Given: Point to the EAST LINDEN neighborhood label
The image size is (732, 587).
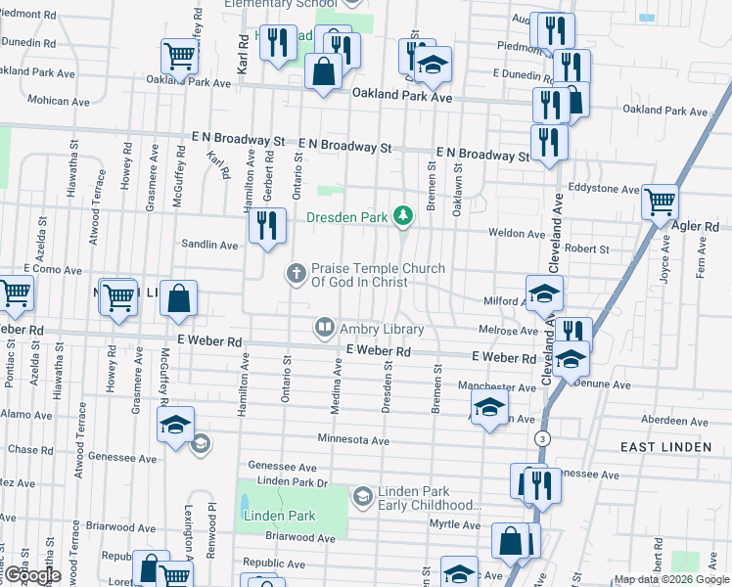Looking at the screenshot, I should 665,446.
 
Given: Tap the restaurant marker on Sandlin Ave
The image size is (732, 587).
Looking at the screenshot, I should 266,226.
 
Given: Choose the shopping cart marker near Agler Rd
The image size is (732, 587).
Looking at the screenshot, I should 661,203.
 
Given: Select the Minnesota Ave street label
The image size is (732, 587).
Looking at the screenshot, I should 352,441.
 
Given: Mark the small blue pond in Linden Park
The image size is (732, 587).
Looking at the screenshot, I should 243,507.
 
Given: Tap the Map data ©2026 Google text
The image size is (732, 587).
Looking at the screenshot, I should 670,579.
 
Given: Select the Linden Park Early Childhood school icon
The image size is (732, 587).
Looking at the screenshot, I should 363,498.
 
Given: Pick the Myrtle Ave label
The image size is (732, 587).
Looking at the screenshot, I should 457,525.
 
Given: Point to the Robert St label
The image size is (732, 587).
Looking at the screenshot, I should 586,249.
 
